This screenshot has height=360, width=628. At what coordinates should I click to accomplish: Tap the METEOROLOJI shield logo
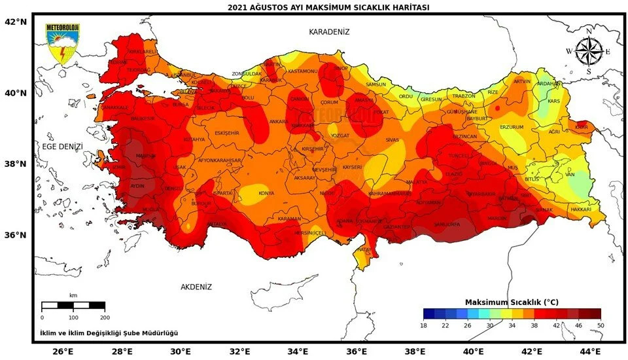pyautogui.click(x=62, y=43)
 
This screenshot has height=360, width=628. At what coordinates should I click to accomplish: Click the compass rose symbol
pyautogui.click(x=588, y=51)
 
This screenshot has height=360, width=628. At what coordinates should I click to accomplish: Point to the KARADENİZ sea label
pyautogui.click(x=330, y=31)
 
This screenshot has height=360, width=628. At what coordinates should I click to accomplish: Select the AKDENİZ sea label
pyautogui.click(x=196, y=287)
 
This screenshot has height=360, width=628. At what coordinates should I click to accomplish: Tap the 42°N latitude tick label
pyautogui.click(x=16, y=22)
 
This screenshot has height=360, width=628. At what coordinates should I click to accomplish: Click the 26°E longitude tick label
pyautogui.click(x=63, y=351)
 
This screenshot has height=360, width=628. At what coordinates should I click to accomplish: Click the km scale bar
pyautogui.click(x=73, y=306)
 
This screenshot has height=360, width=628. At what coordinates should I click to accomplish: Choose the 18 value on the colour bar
pyautogui.click(x=424, y=325)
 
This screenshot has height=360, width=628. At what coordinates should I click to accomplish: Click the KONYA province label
pyautogui.click(x=266, y=193)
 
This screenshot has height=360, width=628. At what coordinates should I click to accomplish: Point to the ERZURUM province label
pyautogui.click(x=512, y=127)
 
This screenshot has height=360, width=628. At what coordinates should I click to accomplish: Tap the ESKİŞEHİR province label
pyautogui.click(x=226, y=133)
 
